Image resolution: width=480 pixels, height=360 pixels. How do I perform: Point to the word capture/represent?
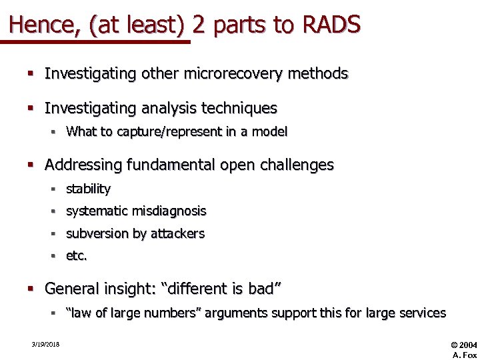167,131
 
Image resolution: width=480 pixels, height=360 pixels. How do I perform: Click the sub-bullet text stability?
88,189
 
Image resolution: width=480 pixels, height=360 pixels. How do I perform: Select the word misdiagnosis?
169,211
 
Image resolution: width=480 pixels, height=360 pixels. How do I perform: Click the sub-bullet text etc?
77,255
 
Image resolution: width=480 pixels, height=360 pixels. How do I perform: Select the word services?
423,313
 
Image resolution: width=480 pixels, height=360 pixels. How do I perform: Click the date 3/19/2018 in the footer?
45,345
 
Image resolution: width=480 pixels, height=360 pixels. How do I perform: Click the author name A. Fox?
464,355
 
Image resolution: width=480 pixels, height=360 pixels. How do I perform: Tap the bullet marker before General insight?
30,289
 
